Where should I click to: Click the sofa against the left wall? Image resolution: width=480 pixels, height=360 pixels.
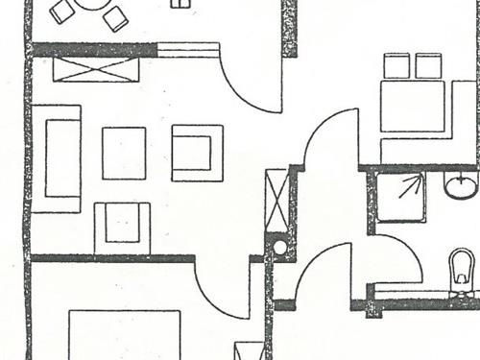click(56, 158)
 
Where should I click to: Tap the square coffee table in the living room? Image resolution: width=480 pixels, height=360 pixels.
click(124, 153)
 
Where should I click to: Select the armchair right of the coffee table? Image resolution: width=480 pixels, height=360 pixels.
click(197, 153)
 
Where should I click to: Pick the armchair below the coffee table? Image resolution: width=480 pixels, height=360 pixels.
click(122, 227)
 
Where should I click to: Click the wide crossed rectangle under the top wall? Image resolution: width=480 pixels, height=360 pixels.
click(96, 69)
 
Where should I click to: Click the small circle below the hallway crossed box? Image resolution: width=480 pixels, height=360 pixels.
click(279, 247)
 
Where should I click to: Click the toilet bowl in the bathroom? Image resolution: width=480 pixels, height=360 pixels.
click(462, 268)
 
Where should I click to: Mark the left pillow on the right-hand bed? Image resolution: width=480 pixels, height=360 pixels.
click(397, 65)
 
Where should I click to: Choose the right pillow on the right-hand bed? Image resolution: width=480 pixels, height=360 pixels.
click(428, 65)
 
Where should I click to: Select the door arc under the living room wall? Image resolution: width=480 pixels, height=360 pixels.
click(223, 293)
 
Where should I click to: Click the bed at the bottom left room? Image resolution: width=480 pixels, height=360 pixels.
click(125, 336)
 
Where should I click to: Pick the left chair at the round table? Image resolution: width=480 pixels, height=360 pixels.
click(62, 12)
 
